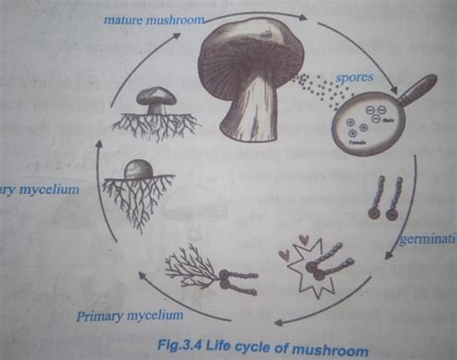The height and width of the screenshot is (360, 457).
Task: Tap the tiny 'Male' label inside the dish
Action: (x=388, y=122)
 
